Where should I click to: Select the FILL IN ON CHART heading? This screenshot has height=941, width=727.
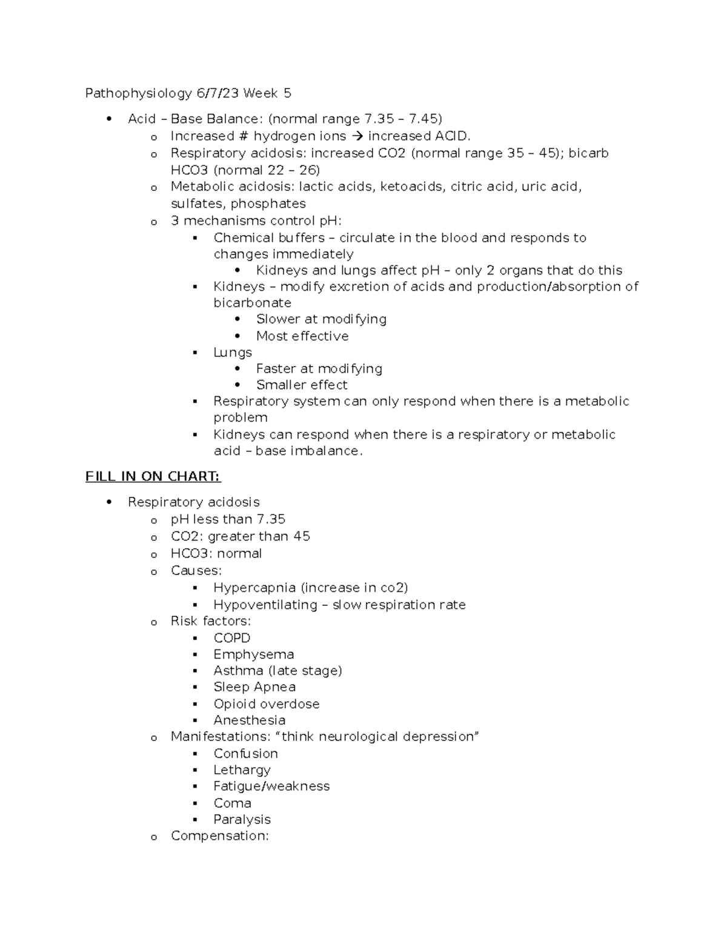click(153, 477)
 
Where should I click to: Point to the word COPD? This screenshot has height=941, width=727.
click(231, 638)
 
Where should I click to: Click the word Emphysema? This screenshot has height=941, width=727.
click(253, 654)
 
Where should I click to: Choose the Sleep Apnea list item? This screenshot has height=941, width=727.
click(254, 687)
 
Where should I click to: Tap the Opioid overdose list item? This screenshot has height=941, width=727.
click(266, 704)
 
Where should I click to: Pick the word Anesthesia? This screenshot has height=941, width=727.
click(249, 720)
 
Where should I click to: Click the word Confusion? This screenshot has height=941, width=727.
click(245, 754)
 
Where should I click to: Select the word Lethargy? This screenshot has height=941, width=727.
click(242, 770)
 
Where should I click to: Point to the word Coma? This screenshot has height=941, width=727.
click(232, 803)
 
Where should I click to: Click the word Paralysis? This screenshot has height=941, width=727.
click(242, 820)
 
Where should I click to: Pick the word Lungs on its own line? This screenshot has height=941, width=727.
click(233, 353)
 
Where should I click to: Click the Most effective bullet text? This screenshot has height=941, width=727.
click(302, 336)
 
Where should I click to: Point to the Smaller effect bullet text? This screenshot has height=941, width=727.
click(302, 385)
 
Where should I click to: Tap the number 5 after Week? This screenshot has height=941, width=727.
click(287, 93)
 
